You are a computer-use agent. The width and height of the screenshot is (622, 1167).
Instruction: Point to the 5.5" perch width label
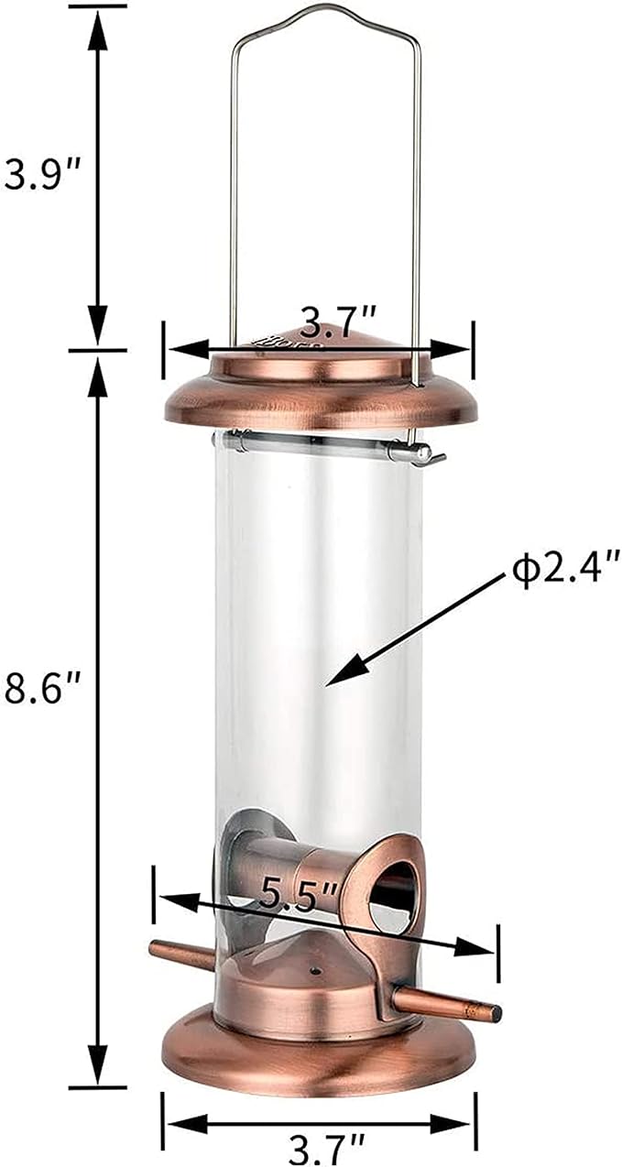[288, 893]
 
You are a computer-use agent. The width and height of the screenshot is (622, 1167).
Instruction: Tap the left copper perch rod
[181, 955]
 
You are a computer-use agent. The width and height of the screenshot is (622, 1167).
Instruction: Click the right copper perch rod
[449, 1004]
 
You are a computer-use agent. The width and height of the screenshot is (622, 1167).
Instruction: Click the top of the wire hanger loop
[325, 11]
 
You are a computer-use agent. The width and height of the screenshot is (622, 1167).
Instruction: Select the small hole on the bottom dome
[315, 969]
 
